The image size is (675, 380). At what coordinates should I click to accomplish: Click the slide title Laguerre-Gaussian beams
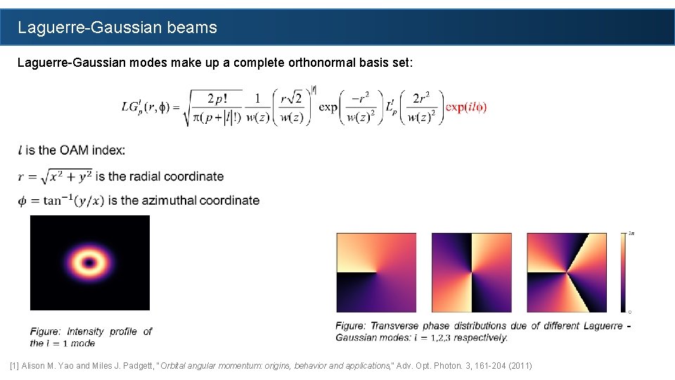117,28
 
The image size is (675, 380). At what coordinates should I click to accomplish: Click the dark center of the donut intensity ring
89,263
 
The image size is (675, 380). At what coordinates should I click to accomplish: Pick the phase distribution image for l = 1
376,272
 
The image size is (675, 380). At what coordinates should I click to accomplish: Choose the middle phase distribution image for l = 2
471,272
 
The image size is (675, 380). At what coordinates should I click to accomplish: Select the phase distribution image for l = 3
567,272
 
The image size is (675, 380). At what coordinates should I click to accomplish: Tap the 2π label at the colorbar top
631,233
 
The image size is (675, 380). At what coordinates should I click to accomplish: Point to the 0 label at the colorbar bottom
630,311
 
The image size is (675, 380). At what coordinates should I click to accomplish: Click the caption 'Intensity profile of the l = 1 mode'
91,337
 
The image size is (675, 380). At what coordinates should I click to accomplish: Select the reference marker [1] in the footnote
15,366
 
